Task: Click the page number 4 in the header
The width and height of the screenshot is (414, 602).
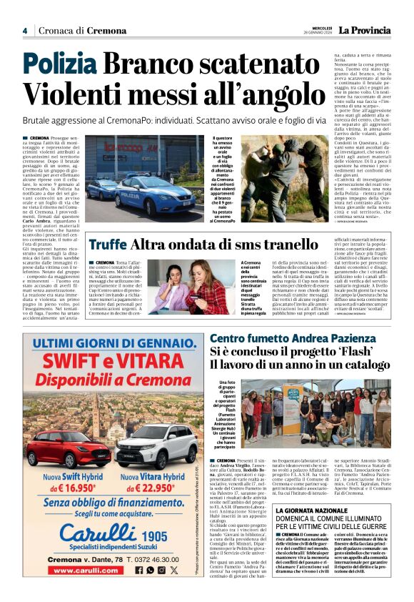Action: pyautogui.click(x=24, y=30)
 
